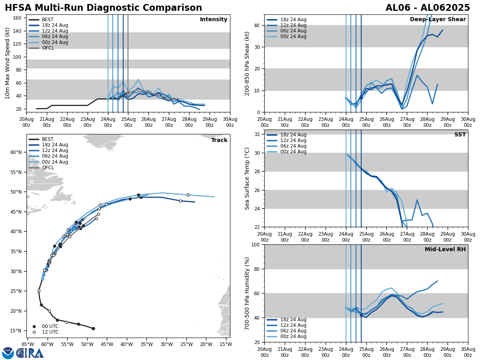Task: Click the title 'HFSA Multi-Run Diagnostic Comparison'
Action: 103,8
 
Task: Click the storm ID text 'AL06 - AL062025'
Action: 428,8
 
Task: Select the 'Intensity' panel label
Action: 214,20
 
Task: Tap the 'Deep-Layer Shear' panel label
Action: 438,20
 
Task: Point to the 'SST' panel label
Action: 460,135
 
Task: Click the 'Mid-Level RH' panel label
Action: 445,250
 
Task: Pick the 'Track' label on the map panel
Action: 219,140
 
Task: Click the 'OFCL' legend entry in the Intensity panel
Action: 48,48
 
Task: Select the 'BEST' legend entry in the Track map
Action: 48,139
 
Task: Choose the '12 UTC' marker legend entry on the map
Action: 50,332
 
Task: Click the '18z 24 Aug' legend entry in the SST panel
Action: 293,135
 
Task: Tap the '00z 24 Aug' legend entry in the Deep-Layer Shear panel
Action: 293,36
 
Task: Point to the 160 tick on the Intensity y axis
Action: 18,18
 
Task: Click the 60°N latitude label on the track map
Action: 16,152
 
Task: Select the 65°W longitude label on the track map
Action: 28,344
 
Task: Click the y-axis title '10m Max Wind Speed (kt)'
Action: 8,63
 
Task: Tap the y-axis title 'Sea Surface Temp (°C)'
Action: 248,178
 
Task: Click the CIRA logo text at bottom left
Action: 30,353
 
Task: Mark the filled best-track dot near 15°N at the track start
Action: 93,328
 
